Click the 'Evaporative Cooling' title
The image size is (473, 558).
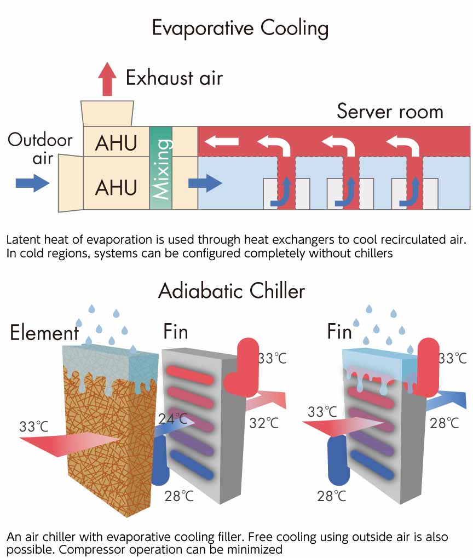pyautogui.click(x=240, y=28)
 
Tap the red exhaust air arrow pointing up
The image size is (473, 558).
pyautogui.click(x=107, y=79)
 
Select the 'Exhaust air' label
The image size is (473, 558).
pyautogui.click(x=175, y=78)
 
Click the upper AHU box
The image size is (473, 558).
pyautogui.click(x=116, y=142)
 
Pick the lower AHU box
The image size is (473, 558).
pyautogui.click(x=116, y=183)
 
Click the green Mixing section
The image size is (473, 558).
pyautogui.click(x=161, y=168)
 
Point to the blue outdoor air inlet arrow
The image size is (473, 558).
pyautogui.click(x=32, y=183)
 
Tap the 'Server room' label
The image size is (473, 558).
pyautogui.click(x=390, y=111)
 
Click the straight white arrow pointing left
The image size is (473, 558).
pyautogui.click(x=222, y=142)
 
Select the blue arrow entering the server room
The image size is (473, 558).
pyautogui.click(x=205, y=183)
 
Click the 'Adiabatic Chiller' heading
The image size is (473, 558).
pyautogui.click(x=232, y=291)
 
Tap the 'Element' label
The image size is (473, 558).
pyautogui.click(x=44, y=333)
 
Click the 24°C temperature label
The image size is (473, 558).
pyautogui.click(x=173, y=418)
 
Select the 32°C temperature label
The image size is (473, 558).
pyautogui.click(x=264, y=423)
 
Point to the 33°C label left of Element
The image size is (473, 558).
pyautogui.click(x=34, y=427)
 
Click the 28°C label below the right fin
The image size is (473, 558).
pyautogui.click(x=332, y=496)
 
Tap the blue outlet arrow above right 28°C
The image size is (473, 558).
pyautogui.click(x=446, y=400)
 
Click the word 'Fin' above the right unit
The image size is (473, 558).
pyautogui.click(x=339, y=331)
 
